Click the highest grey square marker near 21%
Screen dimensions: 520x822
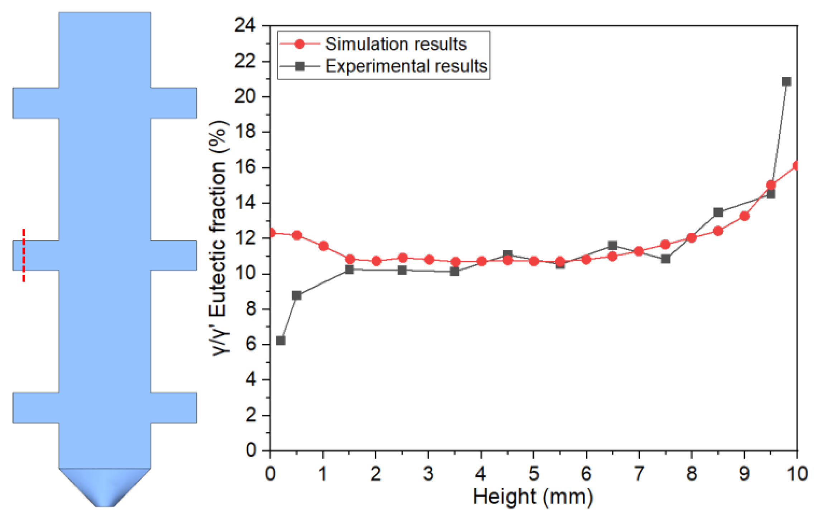click(786, 82)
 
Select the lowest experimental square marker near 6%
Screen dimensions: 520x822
click(280, 340)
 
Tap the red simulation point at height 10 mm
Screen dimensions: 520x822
click(796, 166)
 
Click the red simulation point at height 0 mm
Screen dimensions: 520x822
click(271, 233)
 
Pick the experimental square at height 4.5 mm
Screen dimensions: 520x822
click(507, 255)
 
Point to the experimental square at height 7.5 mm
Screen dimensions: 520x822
click(665, 259)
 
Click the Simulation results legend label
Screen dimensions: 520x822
click(395, 44)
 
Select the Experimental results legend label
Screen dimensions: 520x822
click(406, 66)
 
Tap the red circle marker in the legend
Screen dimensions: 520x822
click(299, 44)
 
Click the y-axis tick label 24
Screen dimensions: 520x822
click(245, 25)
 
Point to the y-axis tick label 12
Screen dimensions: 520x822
click(245, 238)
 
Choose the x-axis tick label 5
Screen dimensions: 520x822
click(534, 474)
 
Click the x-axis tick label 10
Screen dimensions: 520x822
click(797, 474)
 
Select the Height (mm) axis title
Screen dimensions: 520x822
click(533, 497)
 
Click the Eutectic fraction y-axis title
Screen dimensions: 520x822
click(218, 238)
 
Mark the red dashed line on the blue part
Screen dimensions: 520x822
click(24, 255)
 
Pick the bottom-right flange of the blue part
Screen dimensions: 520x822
click(173, 408)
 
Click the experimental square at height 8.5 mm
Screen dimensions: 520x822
click(718, 213)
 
